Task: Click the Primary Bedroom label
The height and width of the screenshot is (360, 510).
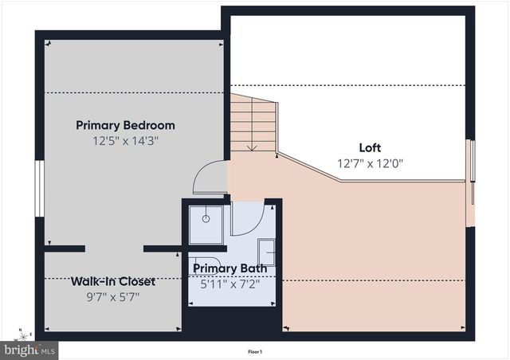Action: coord(125,125)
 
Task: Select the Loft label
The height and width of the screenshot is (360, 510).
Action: coord(370,148)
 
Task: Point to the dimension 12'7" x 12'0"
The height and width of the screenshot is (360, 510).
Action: coord(370,163)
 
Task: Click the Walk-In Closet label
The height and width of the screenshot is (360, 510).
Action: coord(112,281)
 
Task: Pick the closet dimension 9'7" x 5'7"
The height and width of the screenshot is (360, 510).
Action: coord(112,296)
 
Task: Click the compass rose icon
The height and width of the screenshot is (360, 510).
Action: coord(24,332)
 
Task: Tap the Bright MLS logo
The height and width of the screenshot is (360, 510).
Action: coord(30,349)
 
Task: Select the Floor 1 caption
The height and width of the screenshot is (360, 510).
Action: coord(255,351)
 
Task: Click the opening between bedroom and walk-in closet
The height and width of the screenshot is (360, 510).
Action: coord(114,248)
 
